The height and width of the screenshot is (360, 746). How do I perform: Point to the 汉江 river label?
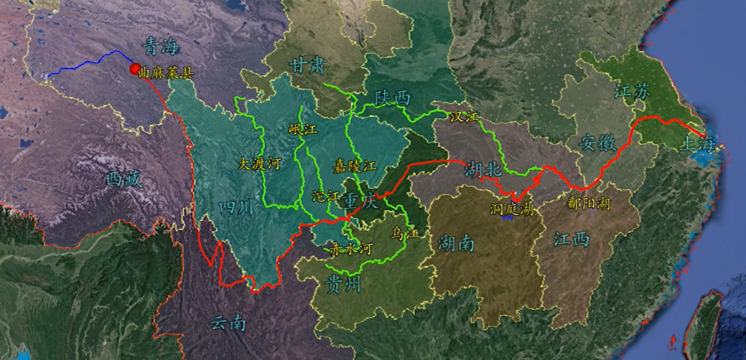(463, 117)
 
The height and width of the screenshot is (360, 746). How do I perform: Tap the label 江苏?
(632, 91)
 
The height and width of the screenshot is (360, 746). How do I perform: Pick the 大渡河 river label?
(259, 164)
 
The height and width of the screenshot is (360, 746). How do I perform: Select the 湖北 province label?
(482, 169)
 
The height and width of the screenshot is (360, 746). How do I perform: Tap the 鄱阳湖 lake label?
(589, 203)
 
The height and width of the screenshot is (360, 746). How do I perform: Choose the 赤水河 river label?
(345, 248)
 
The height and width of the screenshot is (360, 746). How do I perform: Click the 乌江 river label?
(404, 233)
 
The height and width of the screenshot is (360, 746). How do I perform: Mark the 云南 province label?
(229, 322)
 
